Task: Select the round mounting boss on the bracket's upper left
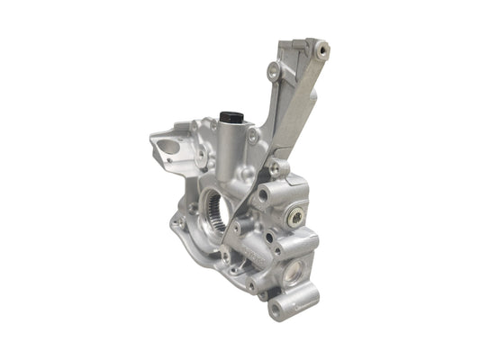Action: point(274,67)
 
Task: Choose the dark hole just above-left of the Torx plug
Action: point(264,193)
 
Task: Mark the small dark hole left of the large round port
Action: point(267,238)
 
